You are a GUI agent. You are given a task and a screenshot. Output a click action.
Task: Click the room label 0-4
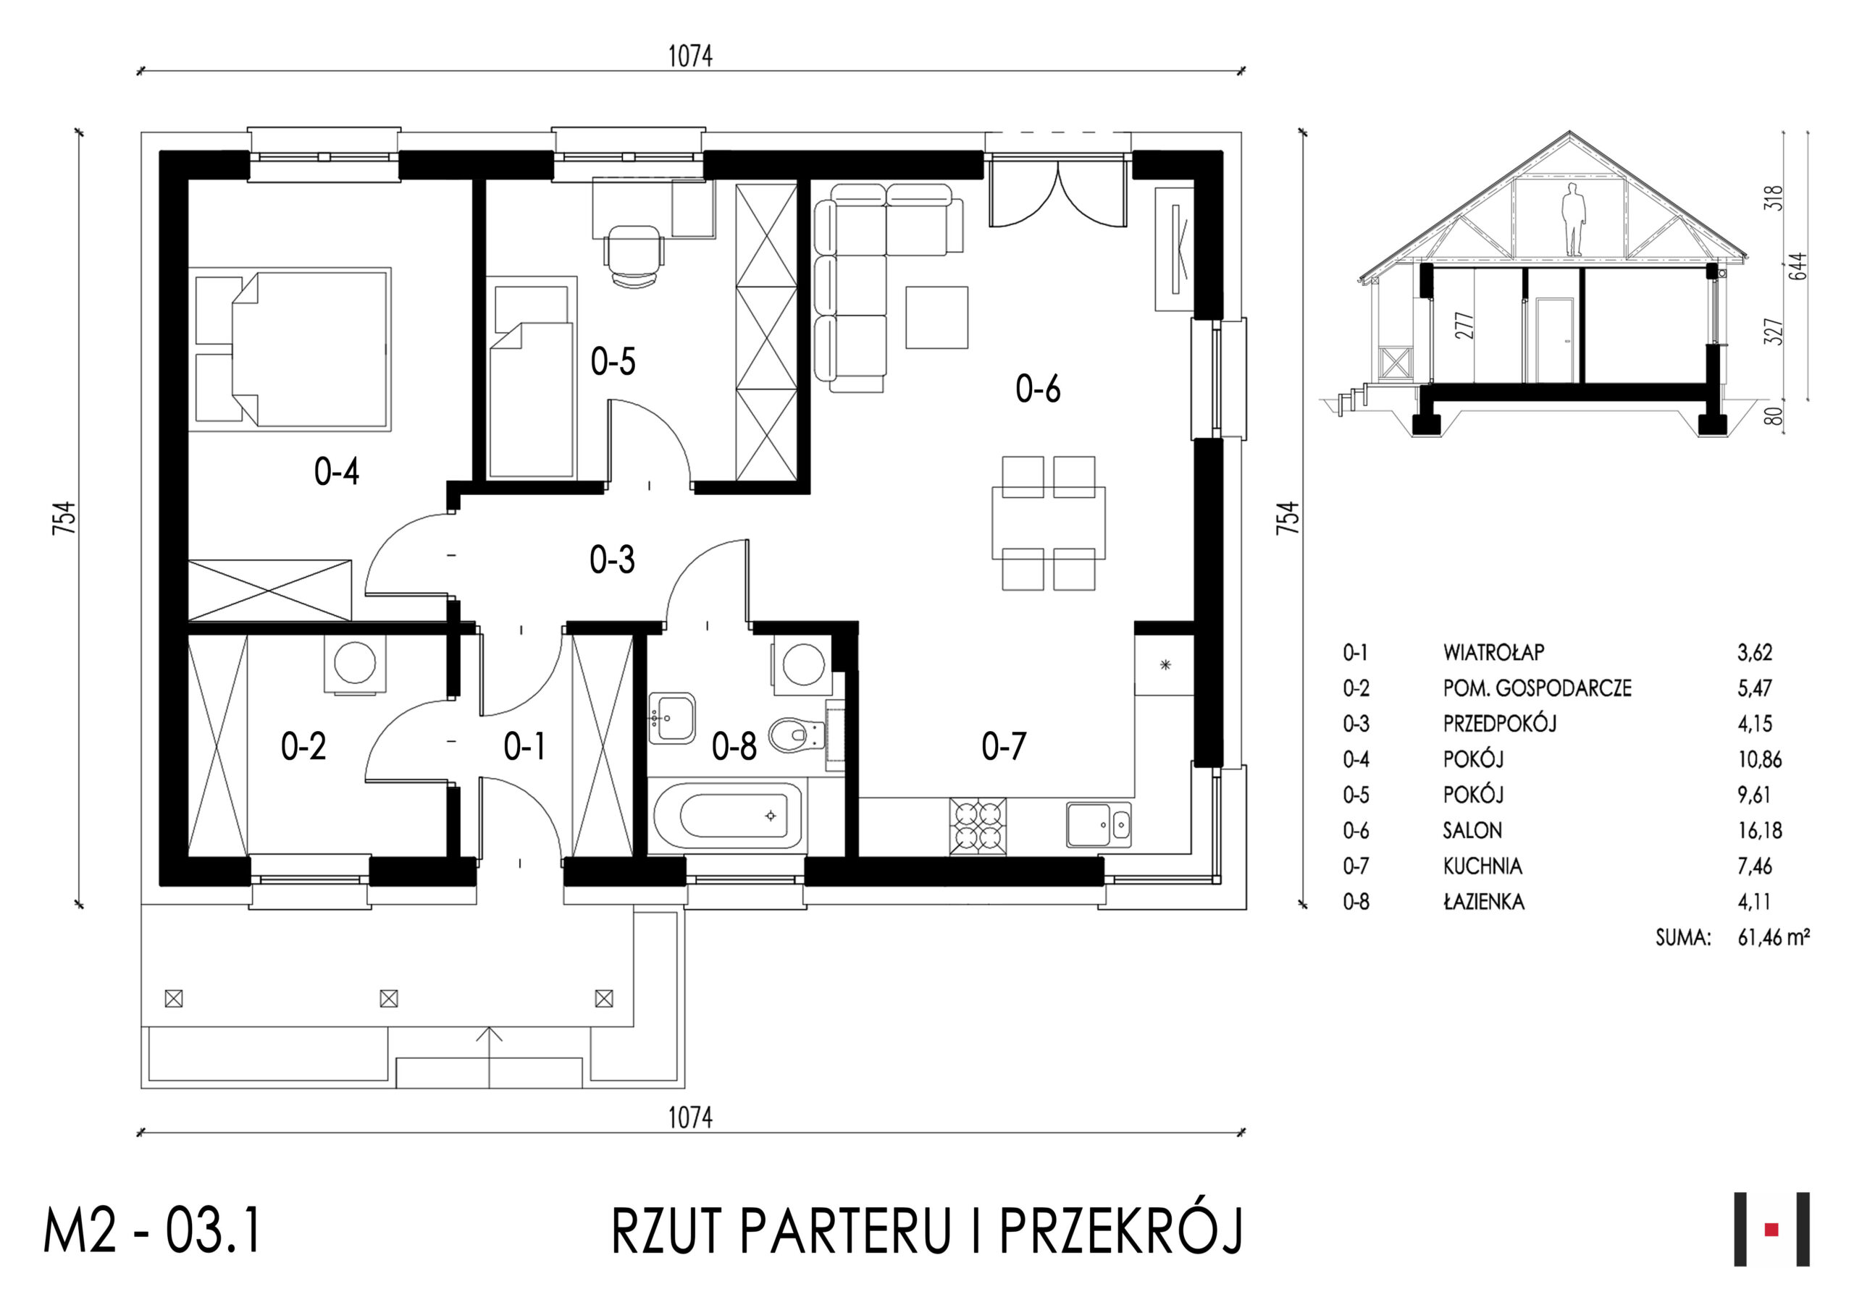(x=336, y=471)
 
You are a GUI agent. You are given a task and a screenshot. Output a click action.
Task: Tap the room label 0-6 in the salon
(x=1038, y=389)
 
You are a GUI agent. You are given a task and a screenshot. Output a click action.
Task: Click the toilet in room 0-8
(x=795, y=735)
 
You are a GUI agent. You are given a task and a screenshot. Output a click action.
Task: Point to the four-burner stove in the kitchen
(x=978, y=826)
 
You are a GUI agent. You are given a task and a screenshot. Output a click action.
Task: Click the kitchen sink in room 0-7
(x=1099, y=824)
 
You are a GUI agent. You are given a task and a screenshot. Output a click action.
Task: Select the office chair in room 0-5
(x=634, y=255)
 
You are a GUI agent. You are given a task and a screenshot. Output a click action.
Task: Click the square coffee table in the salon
(x=936, y=317)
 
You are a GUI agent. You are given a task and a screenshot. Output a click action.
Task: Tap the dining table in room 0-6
(x=1049, y=523)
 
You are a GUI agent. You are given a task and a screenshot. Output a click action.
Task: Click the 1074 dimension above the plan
(x=690, y=56)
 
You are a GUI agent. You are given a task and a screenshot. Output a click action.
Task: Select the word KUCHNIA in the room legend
(x=1482, y=866)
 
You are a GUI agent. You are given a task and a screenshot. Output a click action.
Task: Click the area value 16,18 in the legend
(x=1760, y=831)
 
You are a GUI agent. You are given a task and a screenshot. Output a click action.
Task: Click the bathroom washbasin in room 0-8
(x=672, y=717)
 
